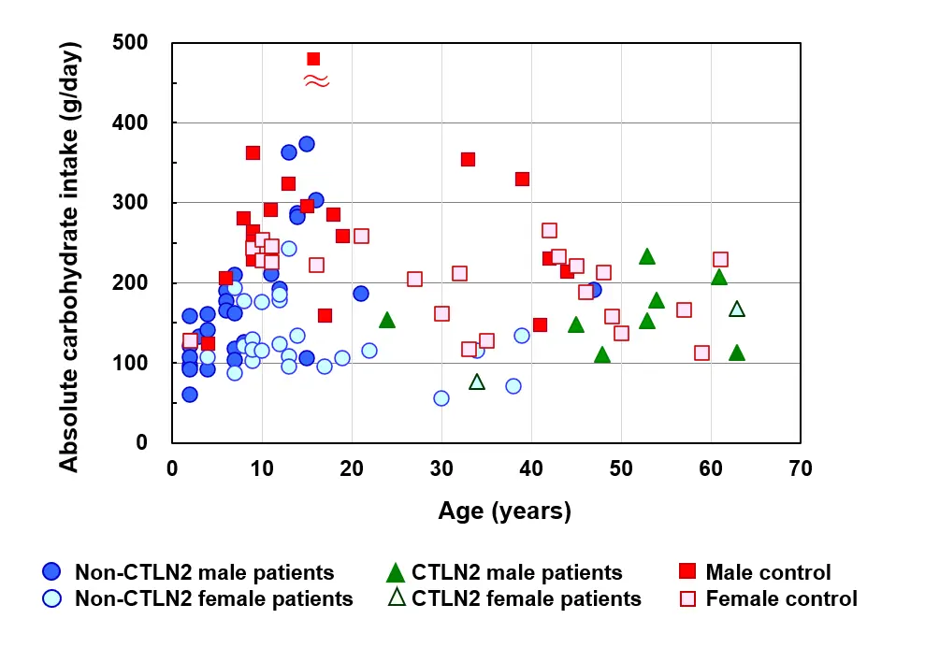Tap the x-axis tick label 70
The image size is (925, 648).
(x=800, y=467)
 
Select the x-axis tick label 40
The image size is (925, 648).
(x=531, y=467)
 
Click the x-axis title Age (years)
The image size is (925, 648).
(x=504, y=511)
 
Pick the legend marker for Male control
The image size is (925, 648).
(x=687, y=572)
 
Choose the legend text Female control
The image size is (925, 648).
(x=781, y=598)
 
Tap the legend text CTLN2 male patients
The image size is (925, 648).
(x=517, y=572)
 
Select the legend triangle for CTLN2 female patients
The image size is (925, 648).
(x=396, y=598)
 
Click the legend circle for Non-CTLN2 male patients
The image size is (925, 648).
(x=52, y=572)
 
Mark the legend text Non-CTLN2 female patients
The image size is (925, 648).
(x=214, y=598)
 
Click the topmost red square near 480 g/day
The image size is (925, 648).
(x=313, y=59)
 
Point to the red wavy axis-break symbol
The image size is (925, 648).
(x=316, y=81)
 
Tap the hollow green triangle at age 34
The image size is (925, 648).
(x=477, y=381)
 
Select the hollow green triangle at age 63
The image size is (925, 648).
(x=737, y=309)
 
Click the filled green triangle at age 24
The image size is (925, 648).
(x=387, y=320)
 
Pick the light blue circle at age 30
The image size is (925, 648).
(x=441, y=398)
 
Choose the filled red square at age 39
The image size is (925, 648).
(x=522, y=179)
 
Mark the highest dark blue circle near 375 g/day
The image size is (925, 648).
(x=307, y=144)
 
